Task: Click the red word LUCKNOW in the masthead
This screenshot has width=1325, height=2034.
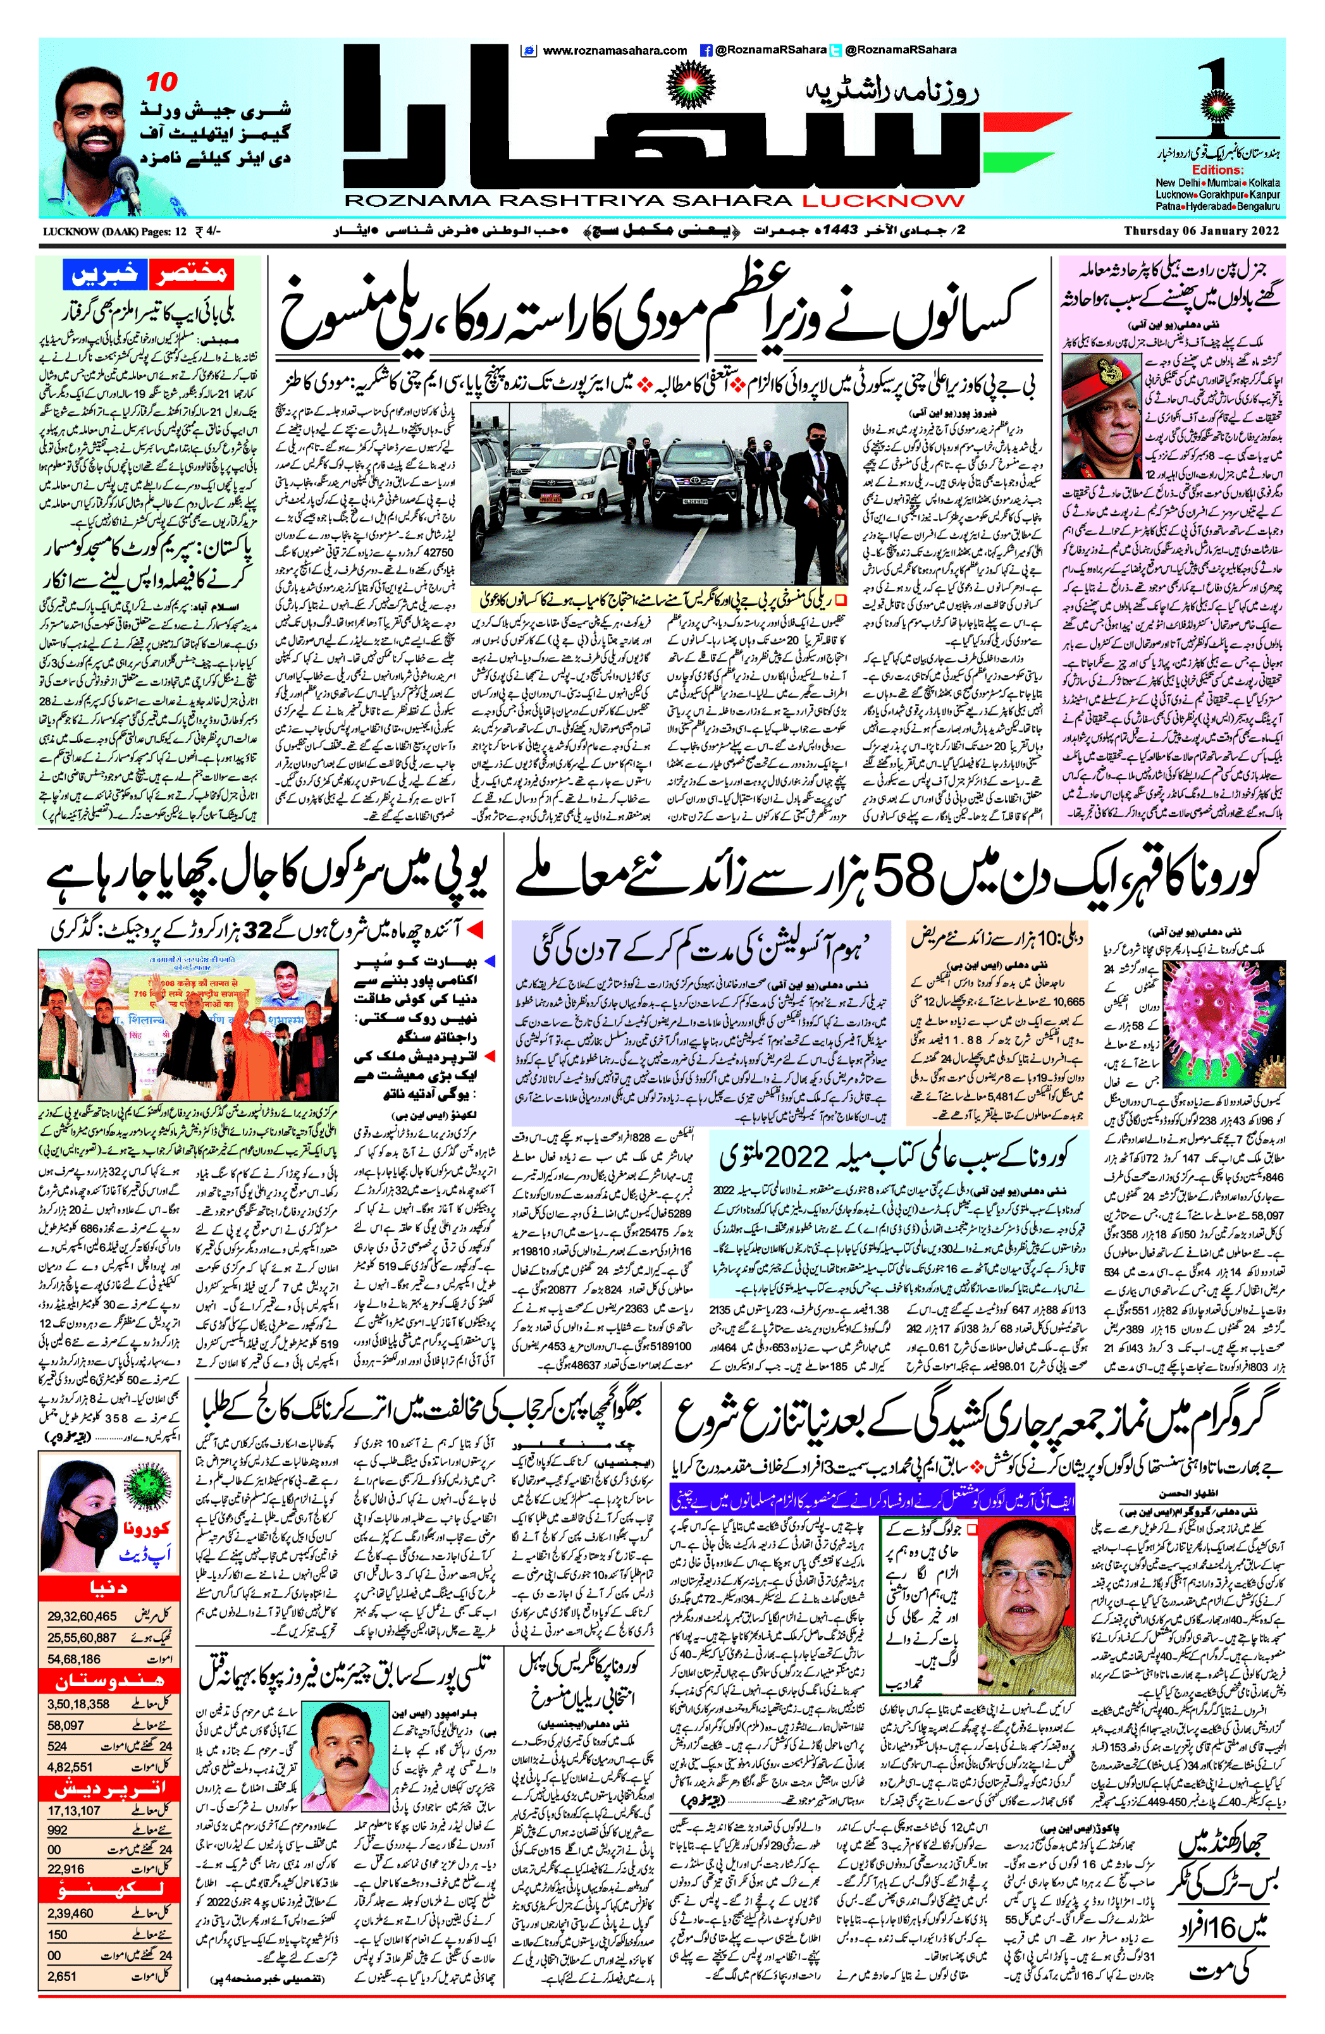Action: point(882,201)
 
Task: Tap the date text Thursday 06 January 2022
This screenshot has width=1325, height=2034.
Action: point(1204,231)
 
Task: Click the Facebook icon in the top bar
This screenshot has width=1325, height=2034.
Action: point(706,51)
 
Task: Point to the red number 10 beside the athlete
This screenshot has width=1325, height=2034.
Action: point(161,82)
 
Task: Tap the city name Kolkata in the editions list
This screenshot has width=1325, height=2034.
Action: point(1264,183)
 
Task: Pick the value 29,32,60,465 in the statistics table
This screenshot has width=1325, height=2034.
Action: point(82,1616)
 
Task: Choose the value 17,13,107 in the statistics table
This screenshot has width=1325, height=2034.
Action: point(73,1810)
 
